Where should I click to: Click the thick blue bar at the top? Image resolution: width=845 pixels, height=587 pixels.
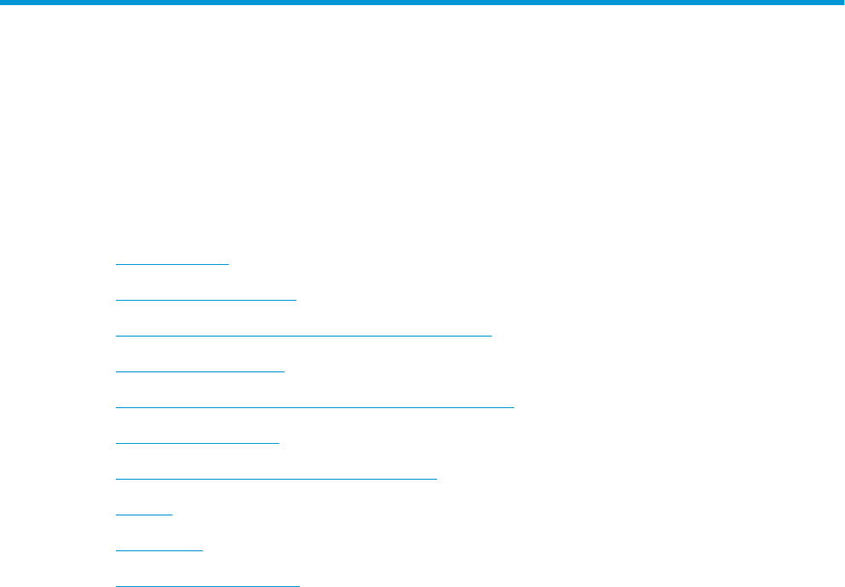point(422,3)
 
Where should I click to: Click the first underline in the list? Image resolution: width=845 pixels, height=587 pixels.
point(172,264)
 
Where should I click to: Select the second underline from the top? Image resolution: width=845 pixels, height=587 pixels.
point(205,300)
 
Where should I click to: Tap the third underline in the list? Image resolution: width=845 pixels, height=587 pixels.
point(303,336)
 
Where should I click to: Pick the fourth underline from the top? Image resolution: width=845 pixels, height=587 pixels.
point(199,371)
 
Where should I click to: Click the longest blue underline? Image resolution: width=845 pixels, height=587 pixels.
point(314,407)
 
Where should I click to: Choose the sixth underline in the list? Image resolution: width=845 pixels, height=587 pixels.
point(197,443)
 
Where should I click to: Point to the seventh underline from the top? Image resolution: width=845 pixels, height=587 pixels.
point(275,479)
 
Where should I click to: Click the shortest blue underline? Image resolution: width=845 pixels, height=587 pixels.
point(144,515)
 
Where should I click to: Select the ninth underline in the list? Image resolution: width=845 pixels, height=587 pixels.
point(159,550)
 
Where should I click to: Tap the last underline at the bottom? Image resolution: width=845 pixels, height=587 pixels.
point(208,585)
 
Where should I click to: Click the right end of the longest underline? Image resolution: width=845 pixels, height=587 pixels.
point(514,407)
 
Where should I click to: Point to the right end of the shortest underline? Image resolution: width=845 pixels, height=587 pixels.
point(172,515)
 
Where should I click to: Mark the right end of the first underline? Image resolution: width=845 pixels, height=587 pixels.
point(229,264)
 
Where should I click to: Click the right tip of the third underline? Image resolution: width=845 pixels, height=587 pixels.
point(491,336)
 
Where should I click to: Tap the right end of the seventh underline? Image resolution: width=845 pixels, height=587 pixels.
point(436,479)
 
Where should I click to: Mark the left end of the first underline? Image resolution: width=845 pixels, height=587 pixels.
point(116,264)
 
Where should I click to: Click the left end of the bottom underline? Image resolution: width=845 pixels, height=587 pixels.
point(116,585)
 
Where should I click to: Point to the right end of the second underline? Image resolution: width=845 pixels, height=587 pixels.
point(296,300)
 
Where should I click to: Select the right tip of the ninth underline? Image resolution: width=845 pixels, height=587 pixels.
point(203,550)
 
